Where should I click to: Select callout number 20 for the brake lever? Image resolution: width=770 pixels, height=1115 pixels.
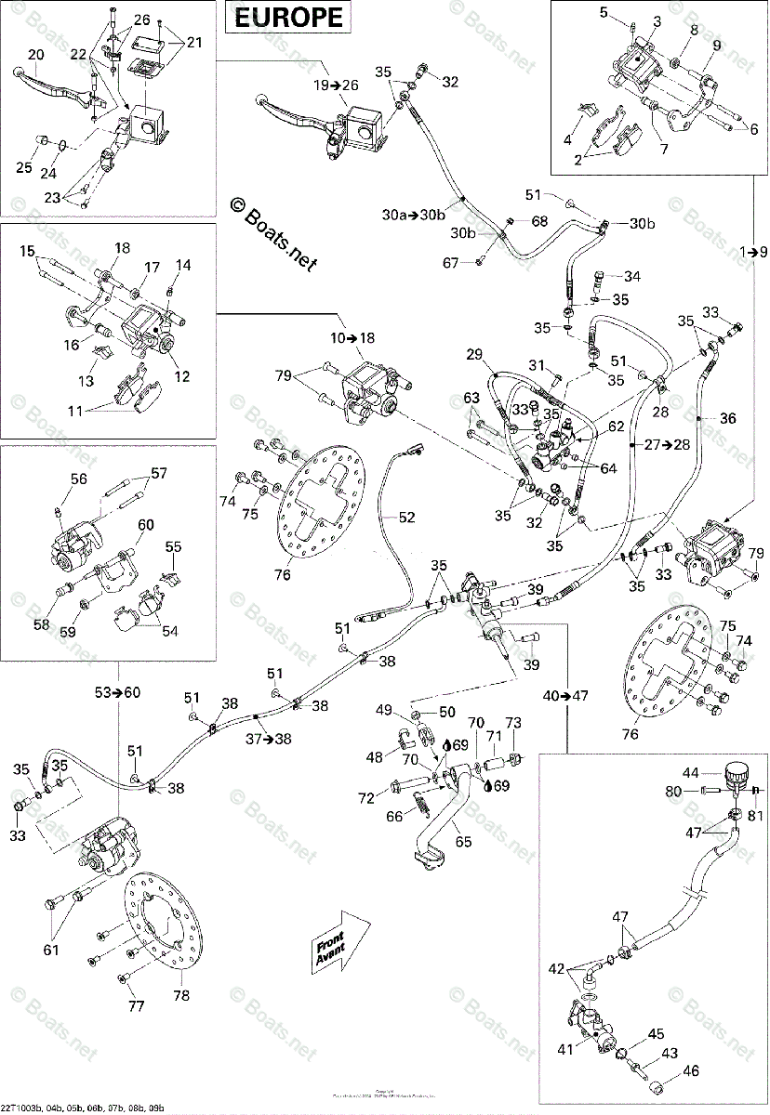coord(35,56)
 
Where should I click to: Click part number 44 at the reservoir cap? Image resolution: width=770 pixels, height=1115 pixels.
coord(690,773)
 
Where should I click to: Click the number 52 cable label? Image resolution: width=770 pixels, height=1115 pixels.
coord(407,518)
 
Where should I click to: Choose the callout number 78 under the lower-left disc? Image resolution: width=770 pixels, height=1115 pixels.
coord(180,995)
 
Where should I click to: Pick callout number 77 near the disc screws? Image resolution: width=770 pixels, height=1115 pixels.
coord(136,1007)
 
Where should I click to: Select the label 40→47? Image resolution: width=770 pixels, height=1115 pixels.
coord(566,694)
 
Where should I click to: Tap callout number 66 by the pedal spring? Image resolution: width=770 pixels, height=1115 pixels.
coord(394,817)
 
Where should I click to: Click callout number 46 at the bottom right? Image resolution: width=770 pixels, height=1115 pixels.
coord(689,1072)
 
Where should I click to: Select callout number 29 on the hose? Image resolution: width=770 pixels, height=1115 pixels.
coord(475,354)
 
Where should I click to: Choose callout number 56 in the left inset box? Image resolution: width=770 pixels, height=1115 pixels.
coord(78,479)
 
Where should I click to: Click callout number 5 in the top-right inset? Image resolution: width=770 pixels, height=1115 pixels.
coord(604,12)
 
